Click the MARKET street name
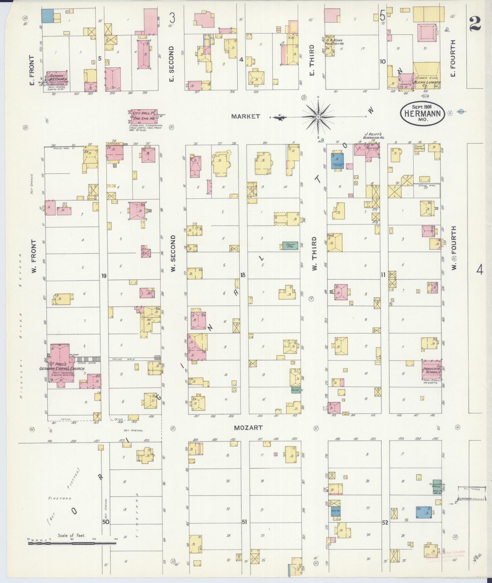(245, 116)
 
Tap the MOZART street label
(249, 428)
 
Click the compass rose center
(318, 117)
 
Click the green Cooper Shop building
(290, 246)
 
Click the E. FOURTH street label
(453, 59)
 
